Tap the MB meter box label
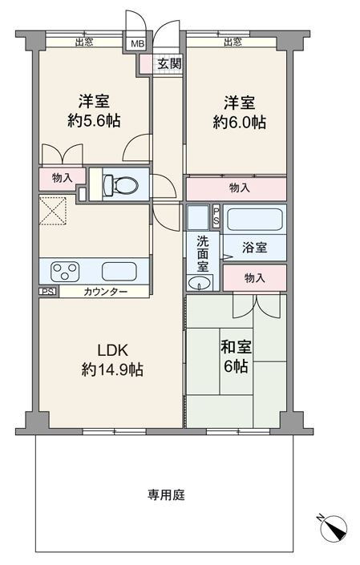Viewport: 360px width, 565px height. pyautogui.click(x=137, y=44)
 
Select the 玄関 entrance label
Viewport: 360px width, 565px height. pyautogui.click(x=169, y=64)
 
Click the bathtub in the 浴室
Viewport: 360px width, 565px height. pyautogui.click(x=254, y=220)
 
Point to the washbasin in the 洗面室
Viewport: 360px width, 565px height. pyautogui.click(x=200, y=283)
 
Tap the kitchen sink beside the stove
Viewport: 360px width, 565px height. pyautogui.click(x=119, y=272)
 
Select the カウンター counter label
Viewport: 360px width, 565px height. pyautogui.click(x=105, y=292)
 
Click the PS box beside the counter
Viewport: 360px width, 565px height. pyautogui.click(x=48, y=292)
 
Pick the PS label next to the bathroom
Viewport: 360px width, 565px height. pyautogui.click(x=216, y=216)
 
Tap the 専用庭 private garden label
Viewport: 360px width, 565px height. pyautogui.click(x=166, y=494)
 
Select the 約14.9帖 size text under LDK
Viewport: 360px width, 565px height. pyautogui.click(x=112, y=369)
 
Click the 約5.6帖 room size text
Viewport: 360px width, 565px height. pyautogui.click(x=94, y=120)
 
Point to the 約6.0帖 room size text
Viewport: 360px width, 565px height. pyautogui.click(x=239, y=123)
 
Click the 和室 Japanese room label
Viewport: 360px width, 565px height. pyautogui.click(x=236, y=347)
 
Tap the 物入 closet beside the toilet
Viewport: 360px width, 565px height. pyautogui.click(x=63, y=178)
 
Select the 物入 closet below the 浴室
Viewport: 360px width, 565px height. pyautogui.click(x=254, y=278)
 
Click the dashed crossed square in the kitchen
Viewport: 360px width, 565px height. pyautogui.click(x=53, y=211)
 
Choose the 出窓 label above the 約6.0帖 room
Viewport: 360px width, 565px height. pyautogui.click(x=233, y=42)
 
